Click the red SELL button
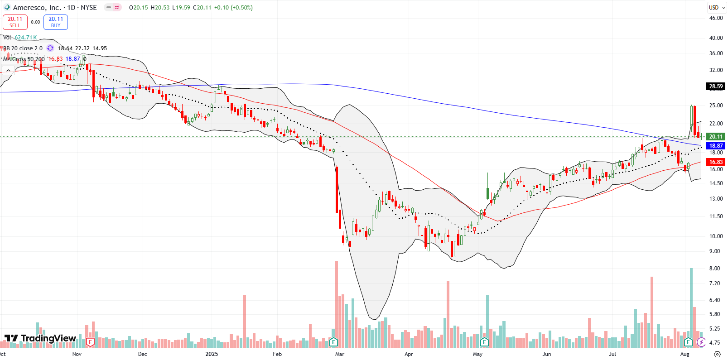(x=15, y=22)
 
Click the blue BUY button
(x=56, y=22)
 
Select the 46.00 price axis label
(x=716, y=18)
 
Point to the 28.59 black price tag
(x=716, y=86)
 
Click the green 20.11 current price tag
(x=716, y=136)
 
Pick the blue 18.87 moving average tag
(x=716, y=145)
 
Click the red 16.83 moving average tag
(x=716, y=162)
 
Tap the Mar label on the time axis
(x=339, y=354)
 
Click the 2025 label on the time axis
(x=212, y=354)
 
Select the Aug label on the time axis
(x=685, y=354)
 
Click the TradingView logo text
(x=48, y=338)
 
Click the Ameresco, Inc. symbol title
(x=37, y=8)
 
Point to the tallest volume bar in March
(x=337, y=303)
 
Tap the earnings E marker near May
(x=484, y=341)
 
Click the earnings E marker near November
(x=90, y=342)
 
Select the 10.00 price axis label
(x=716, y=236)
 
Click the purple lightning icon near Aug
(x=701, y=342)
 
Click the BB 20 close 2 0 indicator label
(x=23, y=48)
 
